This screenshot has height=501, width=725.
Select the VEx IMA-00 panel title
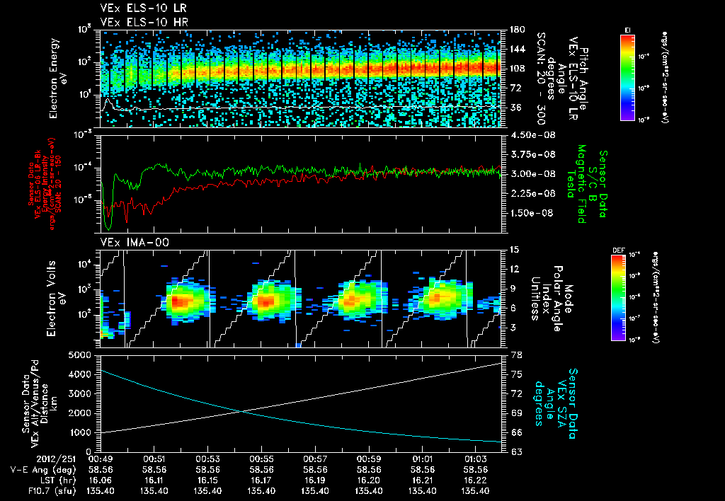pos(129,243)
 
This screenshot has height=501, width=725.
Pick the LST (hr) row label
pos(54,479)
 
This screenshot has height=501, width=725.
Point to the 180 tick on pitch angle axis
pos(515,30)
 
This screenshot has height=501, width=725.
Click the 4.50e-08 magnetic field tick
pos(528,134)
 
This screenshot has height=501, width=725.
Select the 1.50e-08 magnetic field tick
pos(528,213)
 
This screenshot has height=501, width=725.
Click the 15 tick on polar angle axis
pos(512,250)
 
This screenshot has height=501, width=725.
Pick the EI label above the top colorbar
pos(627,29)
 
